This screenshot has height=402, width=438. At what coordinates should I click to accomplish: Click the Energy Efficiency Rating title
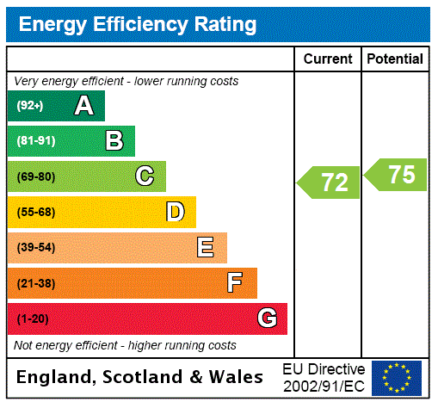click(138, 24)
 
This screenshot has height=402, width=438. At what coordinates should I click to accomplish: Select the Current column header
click(328, 59)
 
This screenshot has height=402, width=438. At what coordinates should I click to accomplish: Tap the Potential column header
click(395, 59)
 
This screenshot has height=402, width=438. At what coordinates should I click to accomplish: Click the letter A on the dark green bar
click(83, 106)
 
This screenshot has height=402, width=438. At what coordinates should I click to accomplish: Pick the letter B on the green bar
click(114, 141)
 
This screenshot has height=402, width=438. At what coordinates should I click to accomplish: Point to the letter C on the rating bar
click(145, 176)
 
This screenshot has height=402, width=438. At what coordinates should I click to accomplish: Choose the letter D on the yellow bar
click(176, 212)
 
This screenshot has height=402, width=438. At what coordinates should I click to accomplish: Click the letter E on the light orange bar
click(206, 248)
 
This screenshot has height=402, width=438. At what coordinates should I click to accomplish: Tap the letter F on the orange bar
click(235, 283)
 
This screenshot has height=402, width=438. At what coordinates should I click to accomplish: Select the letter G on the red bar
click(267, 319)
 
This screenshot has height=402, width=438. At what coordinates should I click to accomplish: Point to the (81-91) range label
click(35, 141)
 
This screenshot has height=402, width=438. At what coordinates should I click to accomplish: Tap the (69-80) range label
click(35, 176)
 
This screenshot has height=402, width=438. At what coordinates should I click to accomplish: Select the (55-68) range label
click(35, 212)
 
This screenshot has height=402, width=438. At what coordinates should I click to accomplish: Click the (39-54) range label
click(35, 248)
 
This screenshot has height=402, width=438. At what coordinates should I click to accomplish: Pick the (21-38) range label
click(35, 283)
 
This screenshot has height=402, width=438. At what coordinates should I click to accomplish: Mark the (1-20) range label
click(33, 319)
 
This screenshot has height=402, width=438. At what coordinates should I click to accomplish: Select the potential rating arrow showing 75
click(397, 175)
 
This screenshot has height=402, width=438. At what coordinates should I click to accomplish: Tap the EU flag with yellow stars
click(397, 378)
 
